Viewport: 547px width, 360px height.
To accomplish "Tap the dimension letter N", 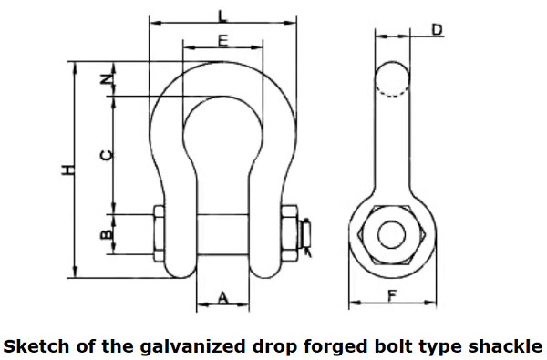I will pyautogui.click(x=107, y=78).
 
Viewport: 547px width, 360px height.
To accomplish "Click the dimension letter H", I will pyautogui.click(x=67, y=170).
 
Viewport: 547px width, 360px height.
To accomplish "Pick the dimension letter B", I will pyautogui.click(x=107, y=235).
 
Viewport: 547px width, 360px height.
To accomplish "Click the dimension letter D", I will pyautogui.click(x=437, y=30).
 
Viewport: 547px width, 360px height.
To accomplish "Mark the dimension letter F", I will pyautogui.click(x=393, y=295).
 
